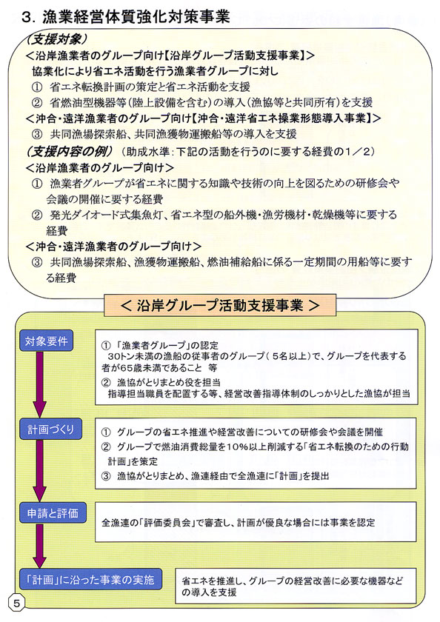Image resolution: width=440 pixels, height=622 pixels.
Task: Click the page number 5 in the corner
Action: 16,603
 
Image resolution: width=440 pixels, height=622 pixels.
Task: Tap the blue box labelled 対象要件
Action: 47,341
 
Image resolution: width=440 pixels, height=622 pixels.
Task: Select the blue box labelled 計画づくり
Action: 51,429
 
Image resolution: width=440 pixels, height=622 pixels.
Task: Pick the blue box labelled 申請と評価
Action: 53,513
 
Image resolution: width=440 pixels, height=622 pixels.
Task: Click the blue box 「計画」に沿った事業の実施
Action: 91,579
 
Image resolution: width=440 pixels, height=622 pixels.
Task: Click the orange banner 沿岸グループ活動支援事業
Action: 220,305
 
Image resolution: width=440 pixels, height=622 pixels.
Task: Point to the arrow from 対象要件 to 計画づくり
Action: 40,385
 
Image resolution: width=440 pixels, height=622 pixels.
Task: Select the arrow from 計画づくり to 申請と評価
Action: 40,471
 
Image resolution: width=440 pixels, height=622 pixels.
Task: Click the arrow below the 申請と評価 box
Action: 40,546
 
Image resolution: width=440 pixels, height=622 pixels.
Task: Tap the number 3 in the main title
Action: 27,18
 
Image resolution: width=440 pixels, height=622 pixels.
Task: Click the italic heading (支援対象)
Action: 56,39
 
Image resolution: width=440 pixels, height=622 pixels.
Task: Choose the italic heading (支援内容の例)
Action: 70,151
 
